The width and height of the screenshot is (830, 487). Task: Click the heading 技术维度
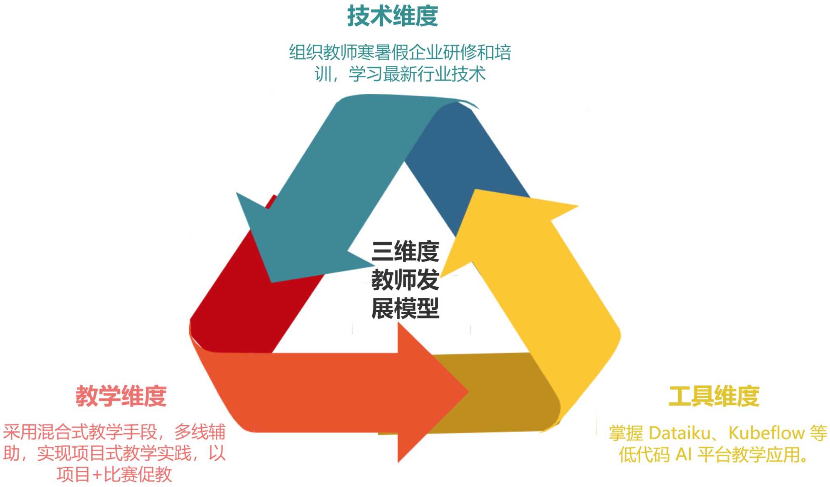pyautogui.click(x=393, y=17)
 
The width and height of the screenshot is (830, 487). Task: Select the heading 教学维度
pyautogui.click(x=121, y=396)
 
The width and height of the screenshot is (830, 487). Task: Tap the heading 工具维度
pyautogui.click(x=714, y=396)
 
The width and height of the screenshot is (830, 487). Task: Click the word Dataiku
pyautogui.click(x=679, y=433)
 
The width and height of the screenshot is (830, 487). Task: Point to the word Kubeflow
pyautogui.click(x=766, y=433)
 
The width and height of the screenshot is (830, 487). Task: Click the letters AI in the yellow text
pyautogui.click(x=683, y=455)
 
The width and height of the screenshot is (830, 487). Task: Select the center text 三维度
pyautogui.click(x=405, y=252)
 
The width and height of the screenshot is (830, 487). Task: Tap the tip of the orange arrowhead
pyautogui.click(x=468, y=391)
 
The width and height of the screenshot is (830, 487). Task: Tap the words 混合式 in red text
pyautogui.click(x=62, y=432)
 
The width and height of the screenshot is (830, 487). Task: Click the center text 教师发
pyautogui.click(x=405, y=280)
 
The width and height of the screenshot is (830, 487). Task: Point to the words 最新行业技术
pyautogui.click(x=434, y=74)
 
